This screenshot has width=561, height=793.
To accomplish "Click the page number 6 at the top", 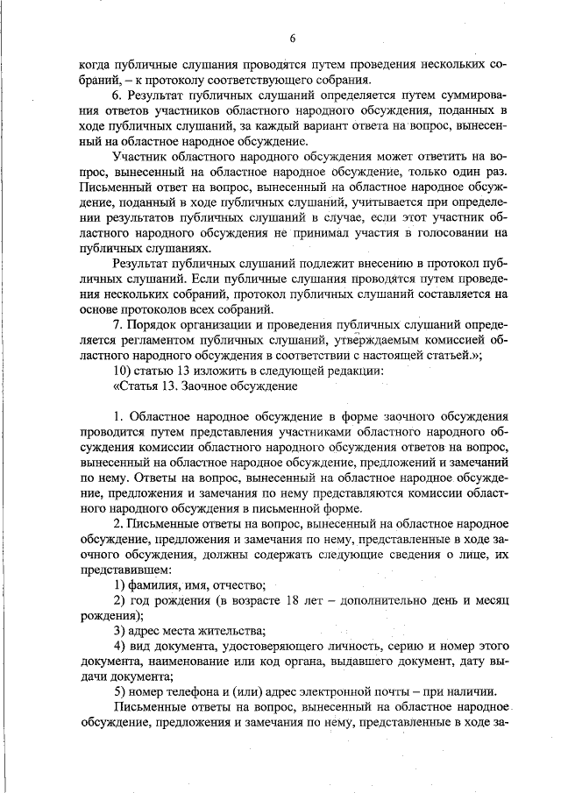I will (293, 37).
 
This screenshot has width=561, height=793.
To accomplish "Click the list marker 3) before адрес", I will (124, 630).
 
